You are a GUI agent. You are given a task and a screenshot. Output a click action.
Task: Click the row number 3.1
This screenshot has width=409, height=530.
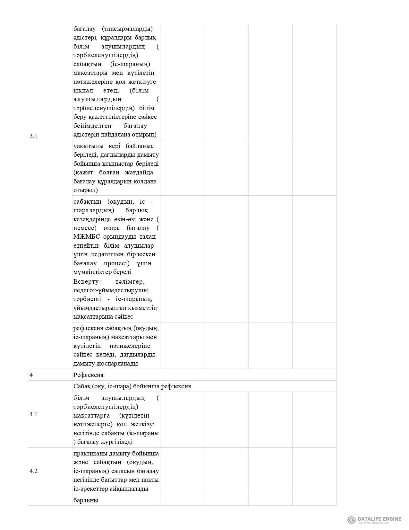[33, 136]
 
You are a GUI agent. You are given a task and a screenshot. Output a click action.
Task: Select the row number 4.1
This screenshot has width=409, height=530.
[33, 414]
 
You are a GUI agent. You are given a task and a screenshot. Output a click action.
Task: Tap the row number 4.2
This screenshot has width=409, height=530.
[33, 471]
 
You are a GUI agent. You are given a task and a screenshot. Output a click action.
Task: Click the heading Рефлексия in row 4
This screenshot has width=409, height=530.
[88, 375]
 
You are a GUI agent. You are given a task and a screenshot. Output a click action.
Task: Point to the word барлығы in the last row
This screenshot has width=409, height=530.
[86, 500]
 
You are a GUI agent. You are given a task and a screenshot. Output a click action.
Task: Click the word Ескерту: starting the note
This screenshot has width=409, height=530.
[87, 282]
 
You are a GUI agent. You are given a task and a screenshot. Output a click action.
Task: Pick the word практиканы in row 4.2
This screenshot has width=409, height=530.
[89, 454]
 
